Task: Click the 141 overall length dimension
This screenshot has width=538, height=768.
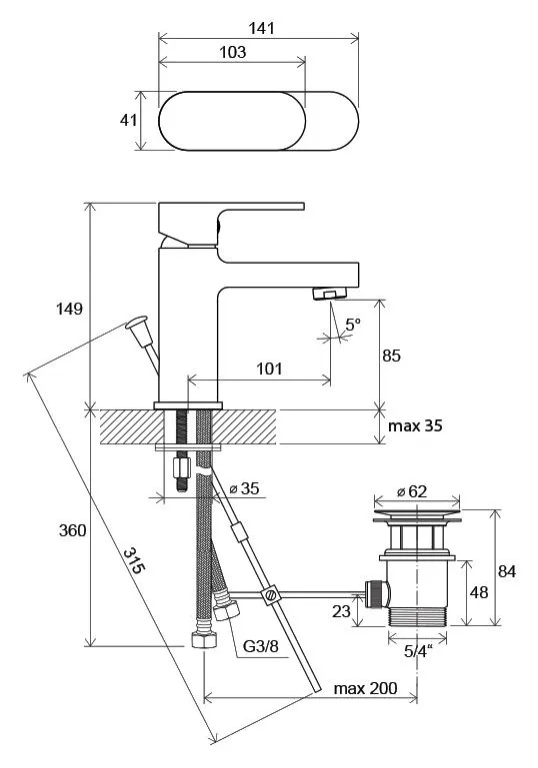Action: (261, 28)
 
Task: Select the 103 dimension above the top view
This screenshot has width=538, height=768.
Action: (232, 52)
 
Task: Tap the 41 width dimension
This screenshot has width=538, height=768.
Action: (128, 120)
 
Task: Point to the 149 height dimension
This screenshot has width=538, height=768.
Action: (69, 309)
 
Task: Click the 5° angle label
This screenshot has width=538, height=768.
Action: (353, 325)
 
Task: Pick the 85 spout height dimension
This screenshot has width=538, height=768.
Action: (391, 356)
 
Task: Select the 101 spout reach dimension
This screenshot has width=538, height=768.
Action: (269, 369)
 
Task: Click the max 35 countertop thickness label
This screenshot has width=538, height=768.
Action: (415, 425)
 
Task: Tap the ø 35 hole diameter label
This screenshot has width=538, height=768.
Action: (244, 488)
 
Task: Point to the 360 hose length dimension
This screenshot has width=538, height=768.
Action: (73, 530)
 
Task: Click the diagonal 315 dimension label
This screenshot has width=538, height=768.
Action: (134, 561)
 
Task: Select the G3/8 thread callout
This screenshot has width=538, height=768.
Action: (261, 646)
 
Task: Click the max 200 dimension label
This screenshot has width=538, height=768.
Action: (365, 688)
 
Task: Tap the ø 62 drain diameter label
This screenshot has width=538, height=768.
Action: (412, 491)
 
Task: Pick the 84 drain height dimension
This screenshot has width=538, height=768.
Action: (507, 571)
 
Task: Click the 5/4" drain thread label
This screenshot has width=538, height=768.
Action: (418, 651)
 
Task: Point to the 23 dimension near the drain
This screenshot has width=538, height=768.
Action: (341, 611)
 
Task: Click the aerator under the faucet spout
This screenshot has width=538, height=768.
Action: (330, 294)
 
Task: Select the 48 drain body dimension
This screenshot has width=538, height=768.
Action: (479, 592)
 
